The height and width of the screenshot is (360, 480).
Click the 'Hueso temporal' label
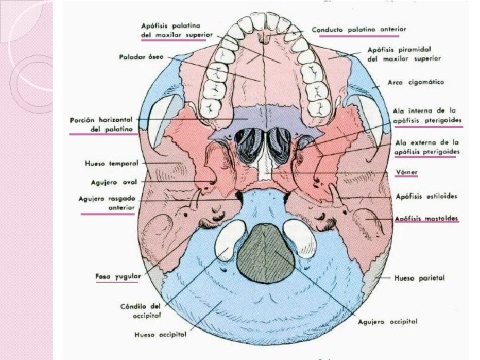pos(111,163)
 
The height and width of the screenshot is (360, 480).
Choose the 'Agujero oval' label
pos(114,181)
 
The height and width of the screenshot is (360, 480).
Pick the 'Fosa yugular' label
pos(117,275)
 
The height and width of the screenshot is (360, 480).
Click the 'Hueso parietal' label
pos(419,277)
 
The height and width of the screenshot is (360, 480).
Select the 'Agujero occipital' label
pos(387,322)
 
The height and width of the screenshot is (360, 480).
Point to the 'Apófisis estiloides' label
pos(426,197)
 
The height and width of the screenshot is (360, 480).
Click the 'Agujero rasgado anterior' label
pos(107,203)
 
